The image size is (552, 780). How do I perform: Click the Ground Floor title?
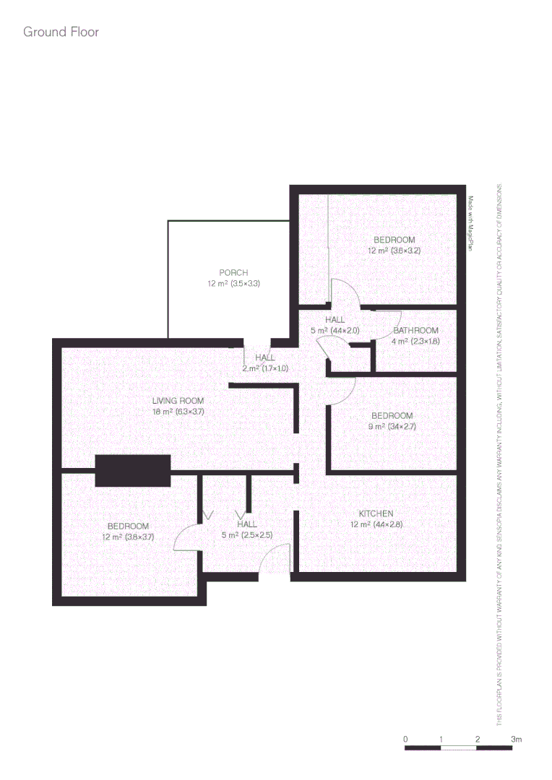[61, 32]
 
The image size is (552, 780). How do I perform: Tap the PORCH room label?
[233, 272]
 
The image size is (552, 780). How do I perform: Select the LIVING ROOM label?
[178, 401]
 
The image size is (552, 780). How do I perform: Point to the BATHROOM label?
[415, 330]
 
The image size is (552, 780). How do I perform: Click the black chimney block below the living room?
[133, 471]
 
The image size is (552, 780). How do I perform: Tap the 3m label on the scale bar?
[515, 740]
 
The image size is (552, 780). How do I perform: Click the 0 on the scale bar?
[406, 740]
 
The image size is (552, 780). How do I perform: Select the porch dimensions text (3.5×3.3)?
[245, 284]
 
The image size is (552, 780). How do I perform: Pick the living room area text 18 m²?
[162, 412]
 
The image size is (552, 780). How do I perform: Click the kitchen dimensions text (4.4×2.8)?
[388, 524]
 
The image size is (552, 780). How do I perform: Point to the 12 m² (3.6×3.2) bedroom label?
[394, 251]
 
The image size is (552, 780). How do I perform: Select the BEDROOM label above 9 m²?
[392, 415]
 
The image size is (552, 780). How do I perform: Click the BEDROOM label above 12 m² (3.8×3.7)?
[128, 526]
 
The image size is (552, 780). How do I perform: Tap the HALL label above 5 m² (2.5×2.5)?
[246, 524]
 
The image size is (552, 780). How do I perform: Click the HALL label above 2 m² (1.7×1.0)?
[265, 357]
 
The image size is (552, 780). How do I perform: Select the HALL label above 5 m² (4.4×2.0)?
[335, 319]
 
